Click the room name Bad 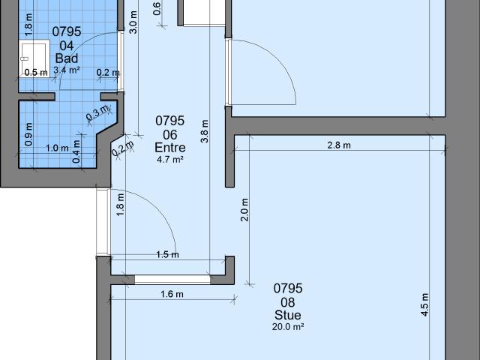click(66, 58)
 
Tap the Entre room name click(169, 147)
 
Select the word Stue click(287, 315)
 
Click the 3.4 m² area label click(66, 70)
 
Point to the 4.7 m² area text click(169, 159)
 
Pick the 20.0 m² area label click(287, 326)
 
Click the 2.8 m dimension click(339, 145)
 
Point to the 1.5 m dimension click(168, 254)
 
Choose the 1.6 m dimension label click(172, 294)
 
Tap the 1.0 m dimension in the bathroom click(57, 148)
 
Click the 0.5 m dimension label click(36, 73)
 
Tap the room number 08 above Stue click(287, 301)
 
